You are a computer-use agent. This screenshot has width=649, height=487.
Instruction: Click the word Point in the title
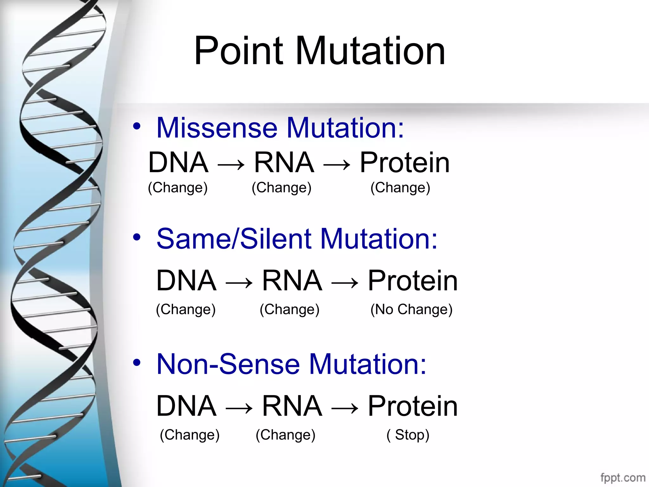click(x=238, y=51)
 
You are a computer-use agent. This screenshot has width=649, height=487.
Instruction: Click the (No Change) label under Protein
click(x=411, y=309)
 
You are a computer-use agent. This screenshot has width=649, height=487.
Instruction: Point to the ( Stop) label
click(x=408, y=435)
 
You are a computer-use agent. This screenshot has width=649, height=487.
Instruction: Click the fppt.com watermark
click(x=623, y=477)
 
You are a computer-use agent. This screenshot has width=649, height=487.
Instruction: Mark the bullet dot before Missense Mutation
click(x=137, y=126)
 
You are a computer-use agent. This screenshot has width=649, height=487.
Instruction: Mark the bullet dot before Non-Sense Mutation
click(x=137, y=362)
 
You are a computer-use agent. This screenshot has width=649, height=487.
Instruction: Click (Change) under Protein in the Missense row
click(x=400, y=187)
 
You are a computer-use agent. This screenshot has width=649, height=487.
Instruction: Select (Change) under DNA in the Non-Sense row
click(x=190, y=435)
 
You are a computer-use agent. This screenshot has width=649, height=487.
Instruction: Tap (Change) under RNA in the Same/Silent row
click(x=289, y=309)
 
